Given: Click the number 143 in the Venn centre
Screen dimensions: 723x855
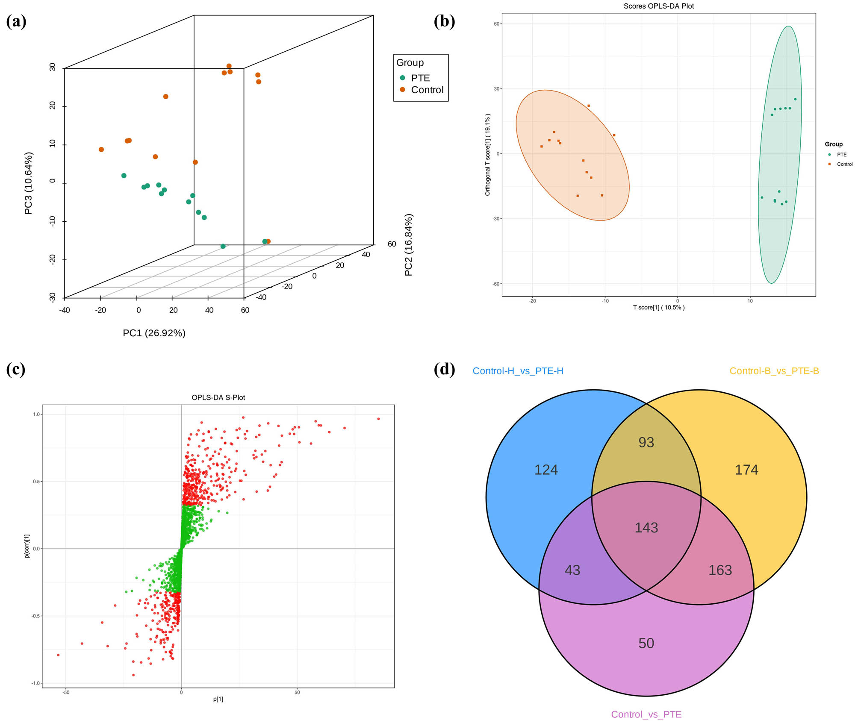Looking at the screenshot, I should coord(646,528).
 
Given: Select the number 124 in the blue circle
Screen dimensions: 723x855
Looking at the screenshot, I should coord(546,470).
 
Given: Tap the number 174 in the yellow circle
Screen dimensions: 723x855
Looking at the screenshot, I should coord(746,470).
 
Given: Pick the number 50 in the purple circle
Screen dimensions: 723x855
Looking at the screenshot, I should coord(646,643).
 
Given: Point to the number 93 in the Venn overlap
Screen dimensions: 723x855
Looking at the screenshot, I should coord(646,442).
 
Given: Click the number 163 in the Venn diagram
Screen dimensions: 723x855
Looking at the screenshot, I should coord(720,570).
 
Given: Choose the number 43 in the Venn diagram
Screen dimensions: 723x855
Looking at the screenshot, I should coord(572,570).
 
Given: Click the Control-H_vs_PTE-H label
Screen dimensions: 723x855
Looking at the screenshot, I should coord(518,371).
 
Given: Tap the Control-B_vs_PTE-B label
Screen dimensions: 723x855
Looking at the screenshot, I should coord(774,371).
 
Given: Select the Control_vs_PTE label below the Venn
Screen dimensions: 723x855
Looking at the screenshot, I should coord(646,714).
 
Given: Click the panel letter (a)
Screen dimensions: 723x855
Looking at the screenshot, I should coord(16,21).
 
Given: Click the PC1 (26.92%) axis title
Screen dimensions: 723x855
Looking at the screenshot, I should coord(154,333).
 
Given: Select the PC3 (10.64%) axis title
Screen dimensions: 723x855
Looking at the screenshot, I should coord(29,183).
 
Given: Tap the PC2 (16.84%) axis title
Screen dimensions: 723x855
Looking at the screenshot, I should coord(408,245).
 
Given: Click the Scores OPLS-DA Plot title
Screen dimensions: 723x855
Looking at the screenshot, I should coord(658,6).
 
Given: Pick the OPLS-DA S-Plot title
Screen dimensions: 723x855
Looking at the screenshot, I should coord(218,397).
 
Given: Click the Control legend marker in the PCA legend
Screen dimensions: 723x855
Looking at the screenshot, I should coord(402,90).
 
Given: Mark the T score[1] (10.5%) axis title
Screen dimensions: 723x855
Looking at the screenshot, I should coord(658,307).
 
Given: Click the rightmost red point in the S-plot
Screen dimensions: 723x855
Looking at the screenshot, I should coord(378,419).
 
